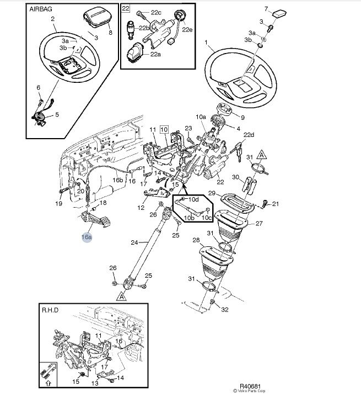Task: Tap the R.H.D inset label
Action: click(51, 311)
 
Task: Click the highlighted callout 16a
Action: click(87, 237)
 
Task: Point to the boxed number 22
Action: click(126, 9)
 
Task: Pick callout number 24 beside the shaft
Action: click(134, 242)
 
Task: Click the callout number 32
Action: click(224, 310)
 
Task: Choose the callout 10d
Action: click(193, 199)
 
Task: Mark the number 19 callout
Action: click(59, 203)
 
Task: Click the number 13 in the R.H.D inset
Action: click(94, 383)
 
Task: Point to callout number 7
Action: click(266, 9)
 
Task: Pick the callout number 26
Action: click(113, 268)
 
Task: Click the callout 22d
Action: click(249, 135)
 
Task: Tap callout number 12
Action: click(141, 208)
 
